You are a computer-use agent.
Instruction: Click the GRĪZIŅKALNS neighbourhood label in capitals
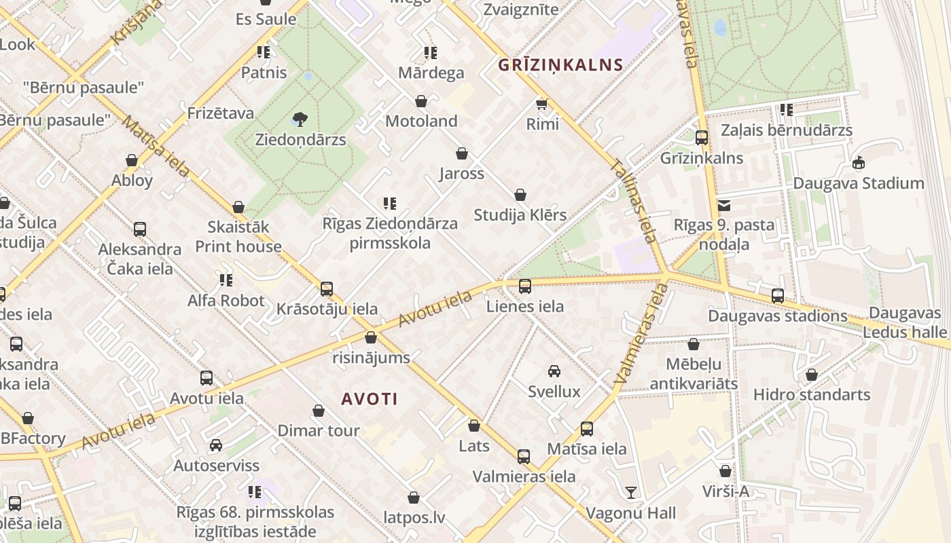click(560, 65)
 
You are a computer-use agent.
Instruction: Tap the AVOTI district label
click(370, 399)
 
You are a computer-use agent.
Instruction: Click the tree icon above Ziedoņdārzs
click(300, 120)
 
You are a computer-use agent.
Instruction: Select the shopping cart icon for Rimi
click(542, 104)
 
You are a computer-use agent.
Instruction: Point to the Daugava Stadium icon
click(859, 163)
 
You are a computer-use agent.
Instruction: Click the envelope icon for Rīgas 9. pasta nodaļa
click(724, 205)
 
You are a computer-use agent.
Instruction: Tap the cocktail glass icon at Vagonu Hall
click(631, 492)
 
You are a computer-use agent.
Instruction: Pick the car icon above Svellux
click(554, 371)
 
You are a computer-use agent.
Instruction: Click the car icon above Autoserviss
click(216, 445)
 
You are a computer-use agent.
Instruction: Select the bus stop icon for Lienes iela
click(525, 286)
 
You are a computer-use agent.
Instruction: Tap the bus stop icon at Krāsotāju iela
click(327, 289)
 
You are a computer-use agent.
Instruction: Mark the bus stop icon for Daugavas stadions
click(778, 296)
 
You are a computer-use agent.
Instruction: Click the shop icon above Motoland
click(421, 101)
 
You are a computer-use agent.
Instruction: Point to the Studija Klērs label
click(520, 215)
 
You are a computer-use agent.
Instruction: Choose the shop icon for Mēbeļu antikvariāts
click(694, 344)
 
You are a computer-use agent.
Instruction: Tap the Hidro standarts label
click(811, 394)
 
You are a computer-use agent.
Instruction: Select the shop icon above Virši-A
click(725, 471)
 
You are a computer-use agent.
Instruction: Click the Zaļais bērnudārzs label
click(787, 130)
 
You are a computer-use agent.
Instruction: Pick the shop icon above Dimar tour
click(319, 411)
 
